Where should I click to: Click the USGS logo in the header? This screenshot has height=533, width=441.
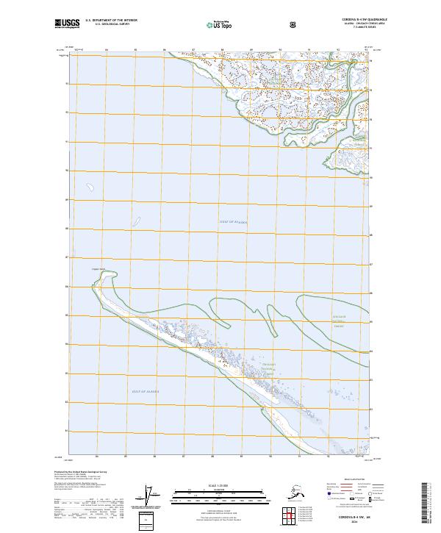coord(68,24)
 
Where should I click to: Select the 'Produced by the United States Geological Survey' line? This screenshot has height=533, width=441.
coord(81,471)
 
